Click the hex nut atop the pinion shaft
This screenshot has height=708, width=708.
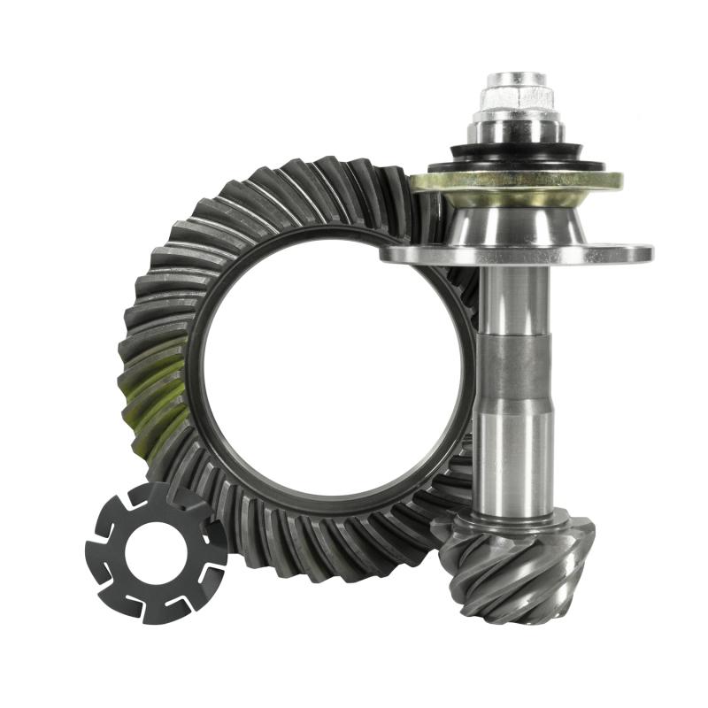(517, 96)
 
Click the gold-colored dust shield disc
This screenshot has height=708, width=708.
(516, 181)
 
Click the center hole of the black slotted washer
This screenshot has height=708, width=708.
(157, 552)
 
